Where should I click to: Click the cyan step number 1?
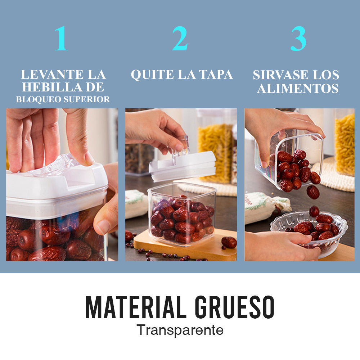pos(62,38)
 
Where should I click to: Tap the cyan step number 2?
pos(180,38)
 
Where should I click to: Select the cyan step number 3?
pos(298,39)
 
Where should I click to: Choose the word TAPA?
pos(216,75)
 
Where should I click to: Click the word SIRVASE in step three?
pos(280,75)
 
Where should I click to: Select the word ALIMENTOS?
pos(298,89)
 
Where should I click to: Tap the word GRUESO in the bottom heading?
pos(234,307)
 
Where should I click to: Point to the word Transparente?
pos(180,330)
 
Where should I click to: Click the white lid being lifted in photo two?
pos(183,166)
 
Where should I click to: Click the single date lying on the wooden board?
pos(229,242)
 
